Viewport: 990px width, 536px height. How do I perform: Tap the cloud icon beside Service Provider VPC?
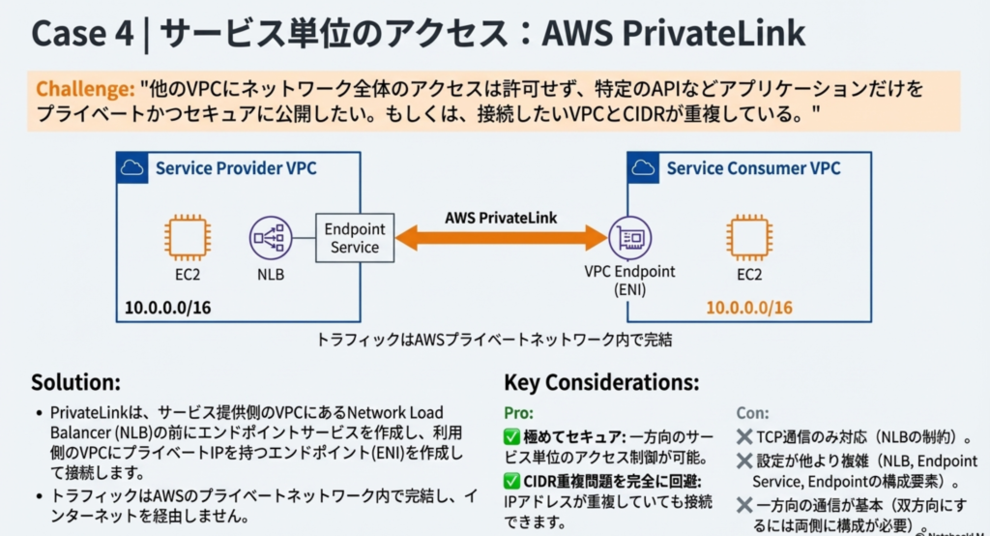(133, 168)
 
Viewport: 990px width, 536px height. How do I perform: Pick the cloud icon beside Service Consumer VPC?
(645, 168)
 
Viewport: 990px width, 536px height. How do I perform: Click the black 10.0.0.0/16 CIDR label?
(168, 308)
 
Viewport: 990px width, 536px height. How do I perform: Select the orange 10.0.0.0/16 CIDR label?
(749, 308)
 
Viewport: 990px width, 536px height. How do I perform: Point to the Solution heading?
(75, 381)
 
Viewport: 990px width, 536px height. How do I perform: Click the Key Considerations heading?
(600, 381)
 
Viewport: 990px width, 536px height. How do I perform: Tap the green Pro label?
(518, 412)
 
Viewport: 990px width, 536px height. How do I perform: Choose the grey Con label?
(753, 412)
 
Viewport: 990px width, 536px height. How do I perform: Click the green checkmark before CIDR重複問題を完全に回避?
(512, 482)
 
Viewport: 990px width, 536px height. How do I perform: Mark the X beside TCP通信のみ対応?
(744, 436)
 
